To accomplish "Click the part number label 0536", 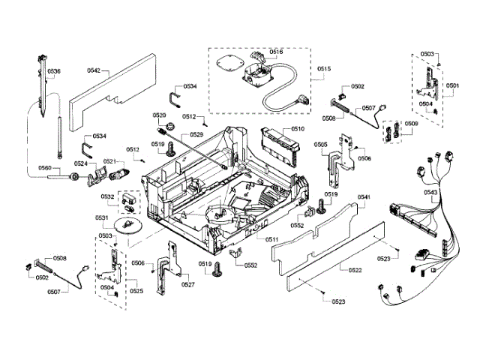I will coord(54,71).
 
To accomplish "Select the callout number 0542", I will coord(94,70).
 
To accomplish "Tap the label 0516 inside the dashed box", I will coord(276,52).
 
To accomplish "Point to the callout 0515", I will coord(323,69).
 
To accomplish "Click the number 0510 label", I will coord(298,129).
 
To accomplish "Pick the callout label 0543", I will coord(431,193).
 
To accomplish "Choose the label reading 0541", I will coord(364,197).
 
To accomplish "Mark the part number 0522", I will coord(344,269).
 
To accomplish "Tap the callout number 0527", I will coord(187,284).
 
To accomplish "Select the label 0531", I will coord(102,217).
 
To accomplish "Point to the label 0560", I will coord(44,168).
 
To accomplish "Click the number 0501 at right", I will coord(452,86).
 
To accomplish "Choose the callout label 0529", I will coord(196,134).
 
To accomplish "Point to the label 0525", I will coord(136,290).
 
